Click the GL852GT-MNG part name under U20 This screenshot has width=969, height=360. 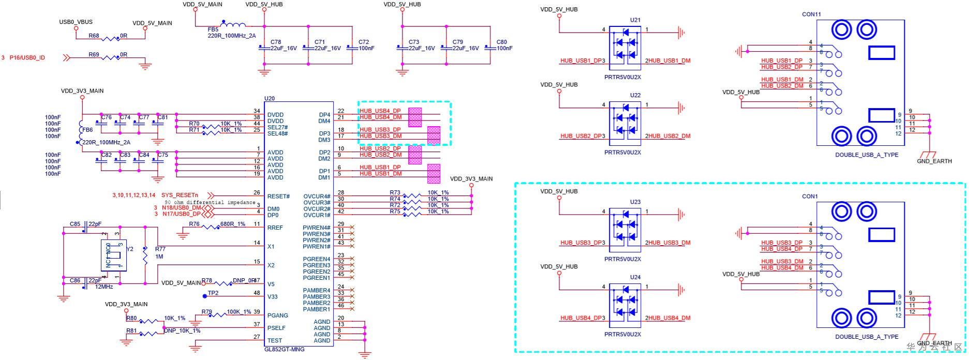284,349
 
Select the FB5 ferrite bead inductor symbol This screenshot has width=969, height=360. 233,24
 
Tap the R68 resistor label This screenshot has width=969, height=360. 94,36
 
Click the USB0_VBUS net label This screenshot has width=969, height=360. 76,22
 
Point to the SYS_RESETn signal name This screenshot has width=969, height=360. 180,195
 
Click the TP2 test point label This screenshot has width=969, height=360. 213,293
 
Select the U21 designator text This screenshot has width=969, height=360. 635,20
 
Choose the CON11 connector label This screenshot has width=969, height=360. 811,14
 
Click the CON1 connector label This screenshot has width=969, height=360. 810,197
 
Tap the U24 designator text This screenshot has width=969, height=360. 635,277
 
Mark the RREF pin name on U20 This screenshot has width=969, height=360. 275,228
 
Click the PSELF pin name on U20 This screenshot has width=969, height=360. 276,328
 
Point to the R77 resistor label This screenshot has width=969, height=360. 160,249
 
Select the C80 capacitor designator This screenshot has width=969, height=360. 501,42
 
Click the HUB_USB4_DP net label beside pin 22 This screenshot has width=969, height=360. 380,111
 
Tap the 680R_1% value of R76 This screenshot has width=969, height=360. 233,224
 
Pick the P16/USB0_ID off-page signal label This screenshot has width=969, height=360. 27,57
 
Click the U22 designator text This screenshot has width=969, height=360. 635,95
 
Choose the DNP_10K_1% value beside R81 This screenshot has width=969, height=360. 182,331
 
